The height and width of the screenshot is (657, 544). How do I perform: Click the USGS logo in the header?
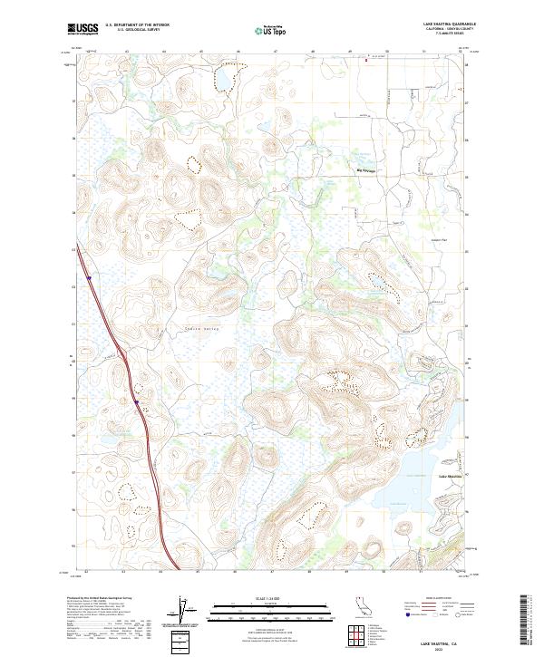click(83, 29)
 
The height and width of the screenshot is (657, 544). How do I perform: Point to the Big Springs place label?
click(364, 169)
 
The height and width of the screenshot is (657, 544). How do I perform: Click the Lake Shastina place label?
click(451, 476)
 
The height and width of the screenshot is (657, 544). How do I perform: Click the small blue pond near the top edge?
click(220, 84)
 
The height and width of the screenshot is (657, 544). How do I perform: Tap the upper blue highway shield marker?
click(89, 277)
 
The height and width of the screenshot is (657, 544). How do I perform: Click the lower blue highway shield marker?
click(135, 401)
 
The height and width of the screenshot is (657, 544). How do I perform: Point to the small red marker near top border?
click(366, 61)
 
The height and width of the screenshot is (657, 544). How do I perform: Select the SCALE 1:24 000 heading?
click(271, 597)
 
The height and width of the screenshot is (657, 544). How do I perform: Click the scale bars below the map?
click(271, 612)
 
